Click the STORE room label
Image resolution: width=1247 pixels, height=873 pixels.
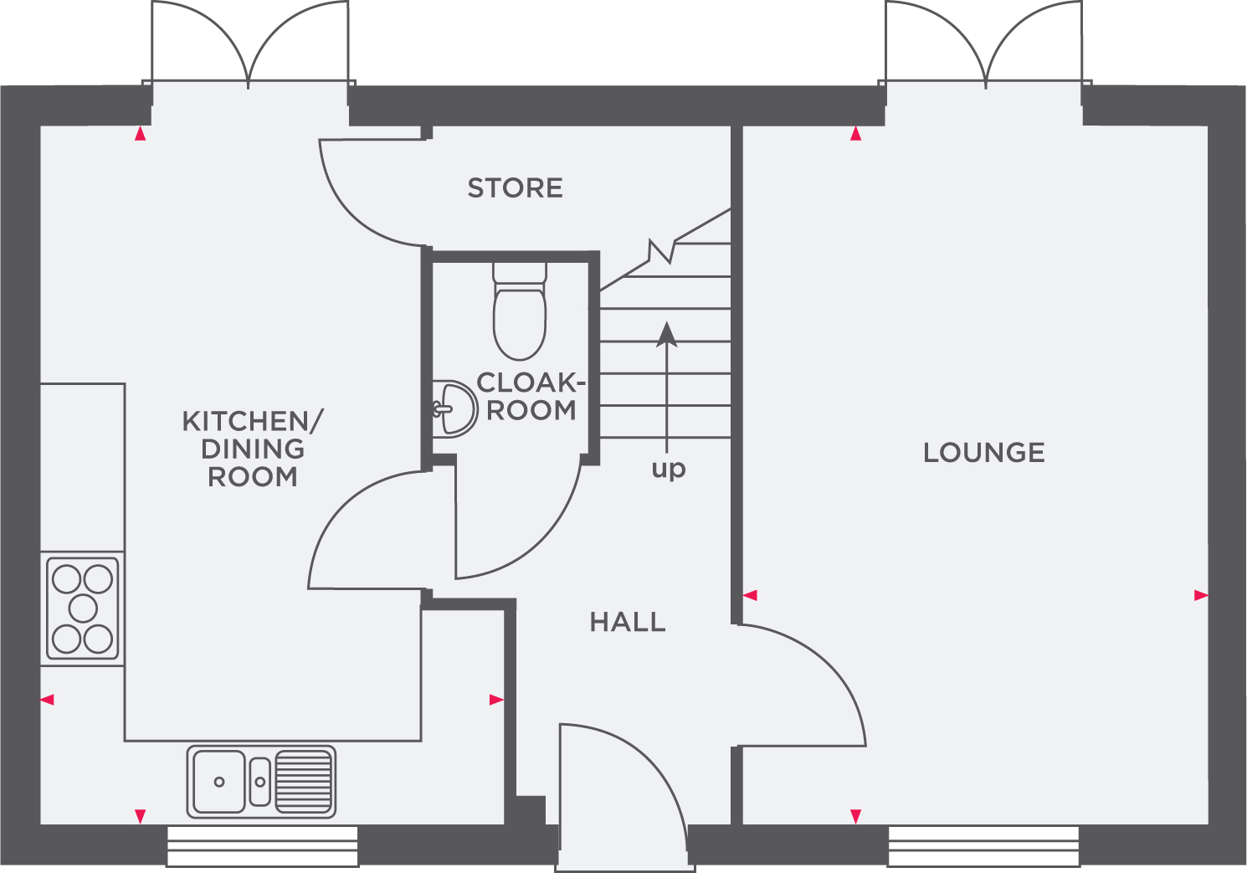(x=515, y=188)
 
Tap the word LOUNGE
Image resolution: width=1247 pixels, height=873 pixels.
(x=984, y=453)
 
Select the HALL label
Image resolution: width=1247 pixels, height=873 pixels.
(x=628, y=622)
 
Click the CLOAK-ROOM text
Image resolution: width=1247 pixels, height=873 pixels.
(x=528, y=397)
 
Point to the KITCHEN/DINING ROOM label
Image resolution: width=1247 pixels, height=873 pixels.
(x=253, y=449)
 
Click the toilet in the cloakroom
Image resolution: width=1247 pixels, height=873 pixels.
(x=520, y=314)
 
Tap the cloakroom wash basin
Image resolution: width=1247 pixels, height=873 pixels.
(x=455, y=408)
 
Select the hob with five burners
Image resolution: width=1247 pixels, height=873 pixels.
(x=83, y=609)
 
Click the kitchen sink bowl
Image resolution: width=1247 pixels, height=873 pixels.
(x=219, y=782)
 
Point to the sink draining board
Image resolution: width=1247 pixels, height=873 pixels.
(x=304, y=782)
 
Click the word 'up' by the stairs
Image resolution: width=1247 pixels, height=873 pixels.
(x=669, y=469)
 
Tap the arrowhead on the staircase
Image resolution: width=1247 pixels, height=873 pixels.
(x=667, y=334)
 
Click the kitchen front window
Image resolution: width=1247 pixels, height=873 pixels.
(x=263, y=846)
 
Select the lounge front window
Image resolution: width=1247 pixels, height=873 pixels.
(x=983, y=846)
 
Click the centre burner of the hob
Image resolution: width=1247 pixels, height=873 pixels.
(x=83, y=609)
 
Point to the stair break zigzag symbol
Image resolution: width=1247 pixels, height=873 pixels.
(x=662, y=250)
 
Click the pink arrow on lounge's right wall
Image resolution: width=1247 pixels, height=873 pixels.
(x=1201, y=595)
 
